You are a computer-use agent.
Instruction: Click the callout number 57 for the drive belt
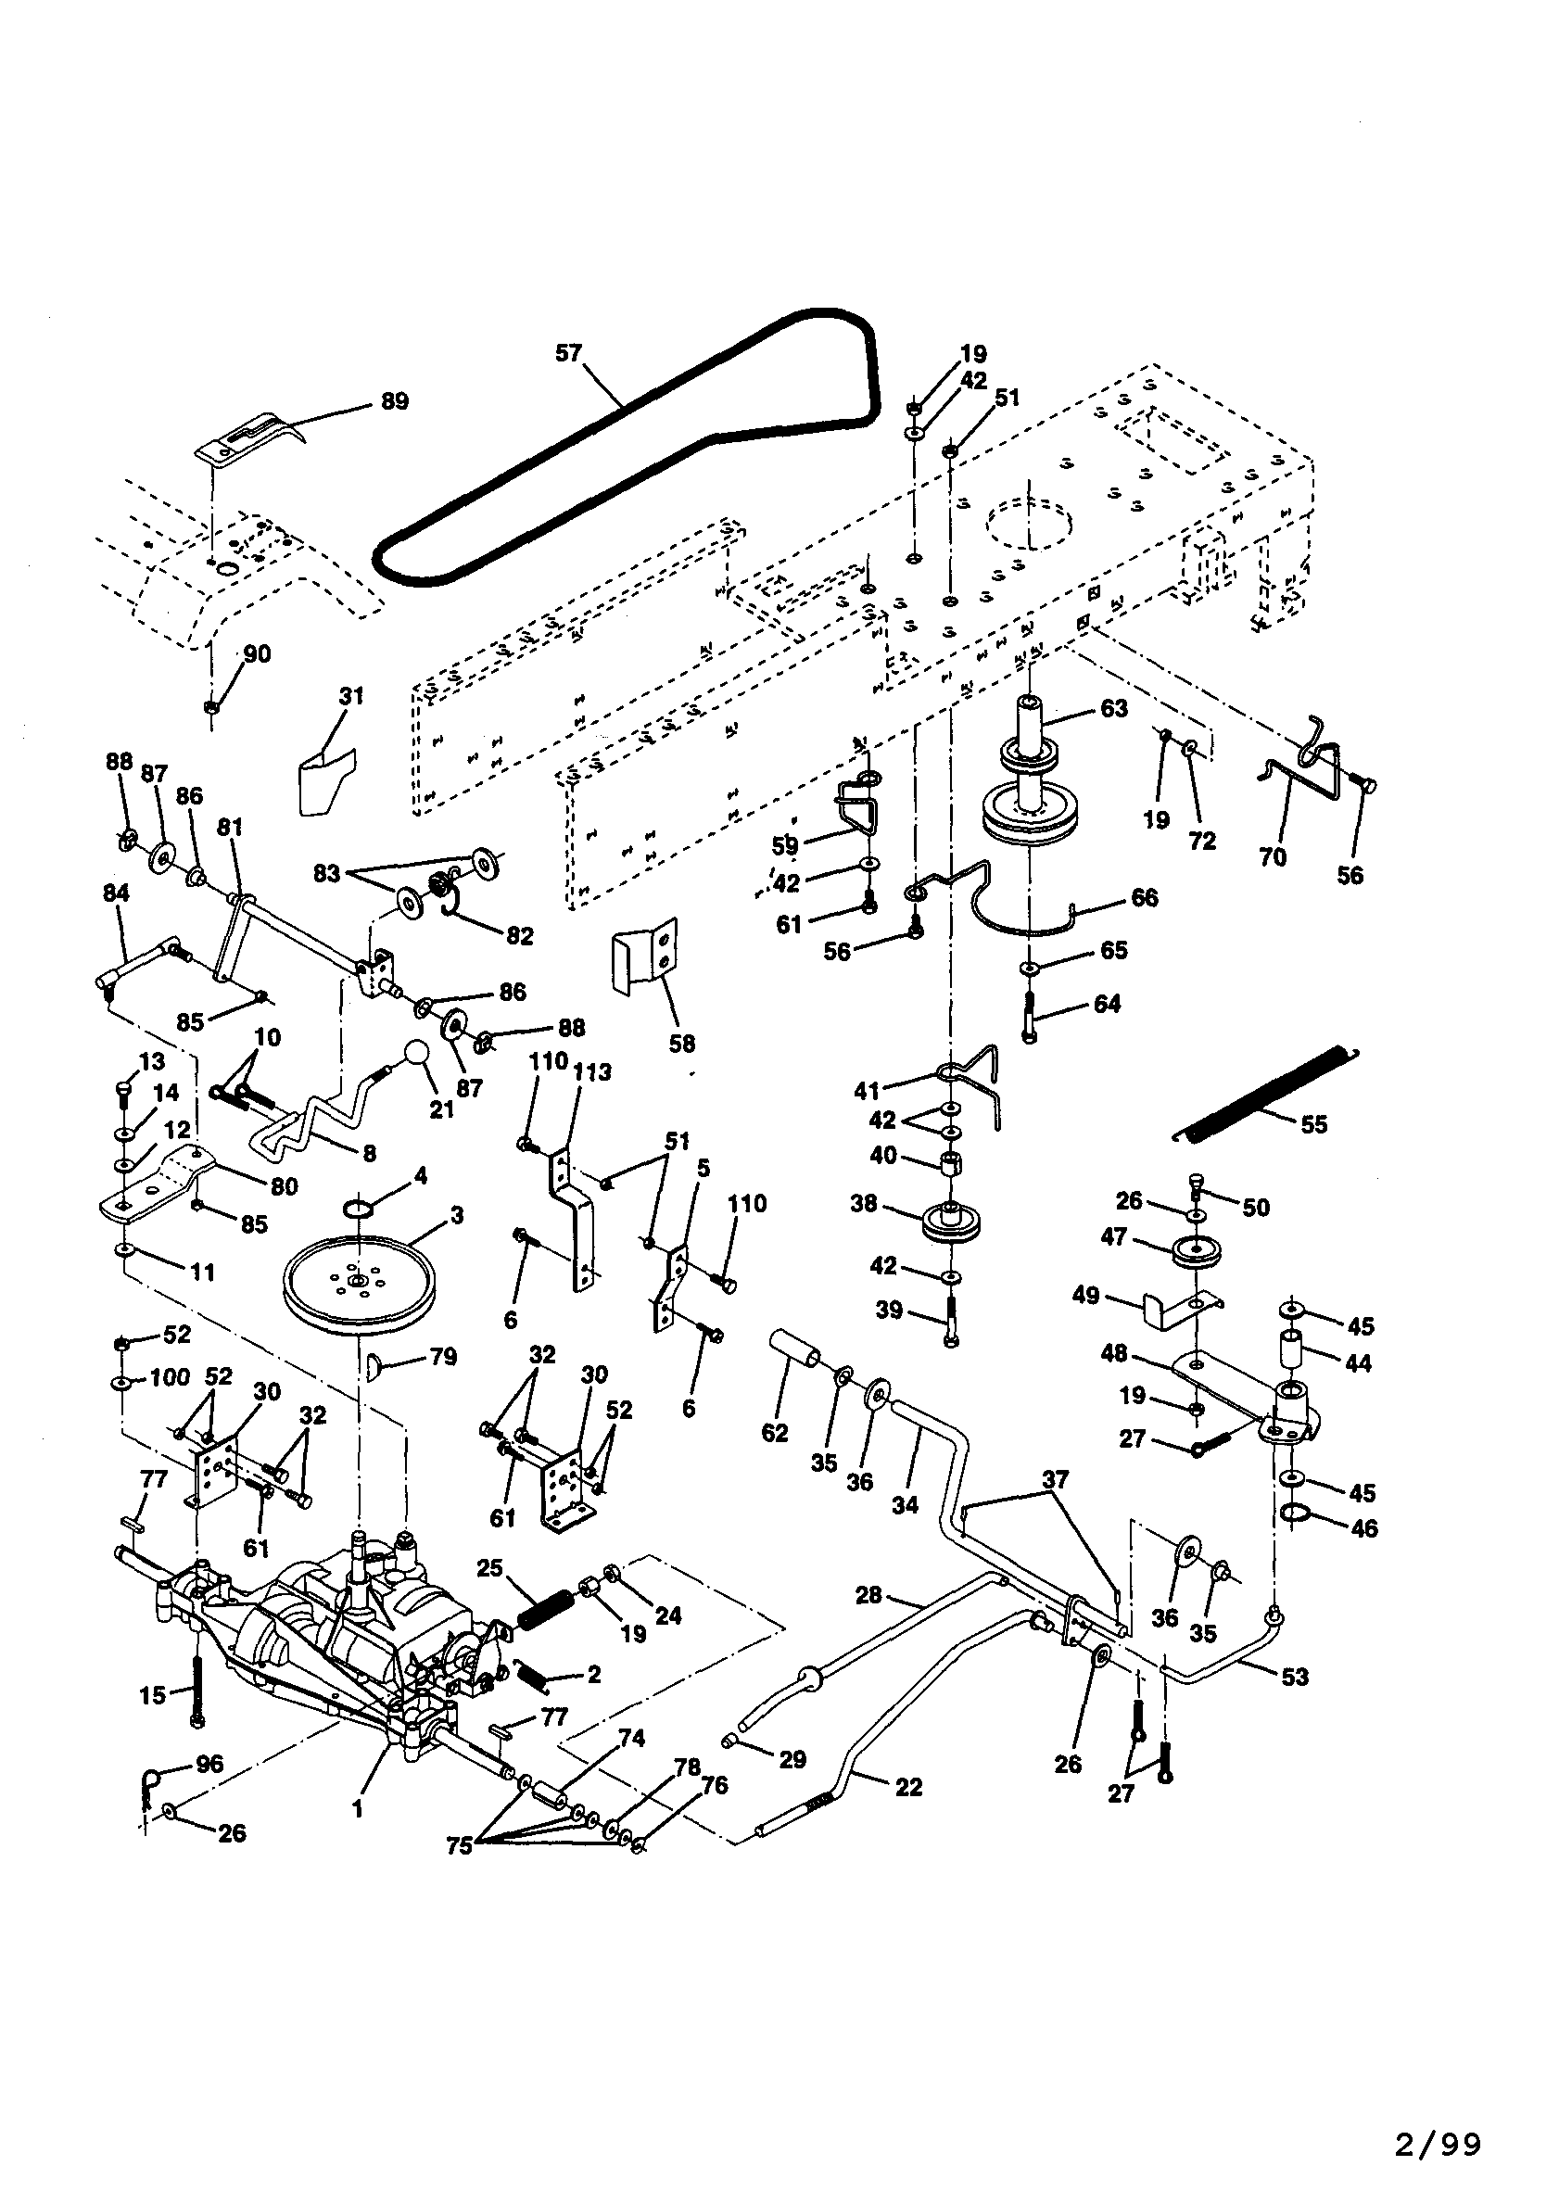(x=568, y=353)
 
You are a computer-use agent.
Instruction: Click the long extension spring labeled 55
(x=1265, y=1093)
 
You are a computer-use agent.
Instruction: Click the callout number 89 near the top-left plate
(x=395, y=401)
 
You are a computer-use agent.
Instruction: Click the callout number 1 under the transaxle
(x=357, y=1810)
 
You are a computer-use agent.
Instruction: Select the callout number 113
(x=592, y=1072)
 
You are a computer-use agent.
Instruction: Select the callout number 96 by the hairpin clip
(x=209, y=1763)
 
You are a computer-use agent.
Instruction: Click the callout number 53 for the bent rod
(x=1294, y=1677)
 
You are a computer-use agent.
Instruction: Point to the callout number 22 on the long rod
(x=907, y=1787)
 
